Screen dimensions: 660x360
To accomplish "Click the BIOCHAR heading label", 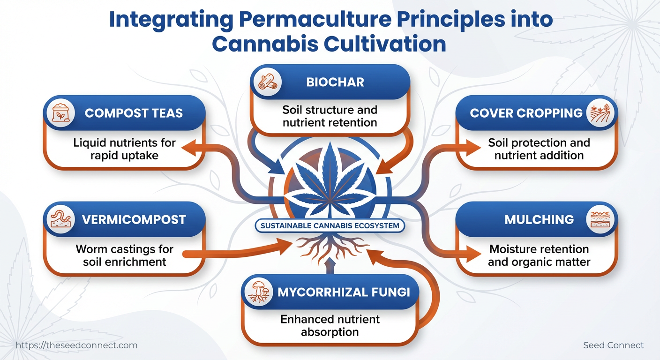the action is pos(335,82).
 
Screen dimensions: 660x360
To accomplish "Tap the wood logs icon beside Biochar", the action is pos(268,82).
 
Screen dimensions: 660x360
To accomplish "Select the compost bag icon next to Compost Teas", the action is pos(60,113).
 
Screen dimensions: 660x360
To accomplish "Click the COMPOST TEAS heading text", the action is pos(134,113).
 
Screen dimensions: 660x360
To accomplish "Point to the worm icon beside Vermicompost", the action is pos(60,219).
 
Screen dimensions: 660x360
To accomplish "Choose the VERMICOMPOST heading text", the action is pos(134,220).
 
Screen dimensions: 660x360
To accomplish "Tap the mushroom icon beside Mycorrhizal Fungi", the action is pos(258,292).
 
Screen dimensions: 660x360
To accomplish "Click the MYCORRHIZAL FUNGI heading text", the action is pos(344,292).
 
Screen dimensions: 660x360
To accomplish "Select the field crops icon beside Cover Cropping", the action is pos(600,113).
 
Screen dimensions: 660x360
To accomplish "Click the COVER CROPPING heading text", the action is pos(526,113).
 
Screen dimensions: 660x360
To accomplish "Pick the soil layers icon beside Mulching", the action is pos(600,219).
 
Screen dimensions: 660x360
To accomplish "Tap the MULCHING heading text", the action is pos(539,220).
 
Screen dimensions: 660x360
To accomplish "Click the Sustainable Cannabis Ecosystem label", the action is pos(330,226).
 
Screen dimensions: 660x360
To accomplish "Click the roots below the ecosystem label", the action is pos(330,247).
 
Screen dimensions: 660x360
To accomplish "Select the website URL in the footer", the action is pos(76,345).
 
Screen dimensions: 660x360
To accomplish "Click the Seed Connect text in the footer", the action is pos(613,345).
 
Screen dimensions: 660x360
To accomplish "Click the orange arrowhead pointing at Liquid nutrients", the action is pos(190,148).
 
